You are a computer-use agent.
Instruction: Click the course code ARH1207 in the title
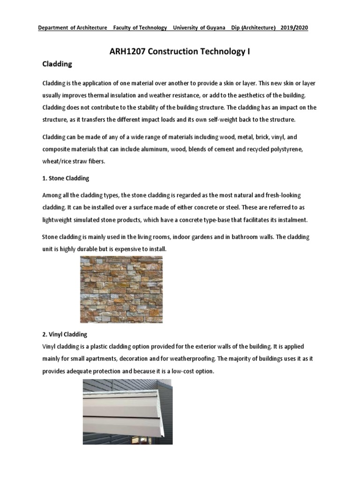pos(128,52)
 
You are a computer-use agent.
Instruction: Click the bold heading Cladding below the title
pos(57,64)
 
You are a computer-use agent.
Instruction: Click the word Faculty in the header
pos(123,28)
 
